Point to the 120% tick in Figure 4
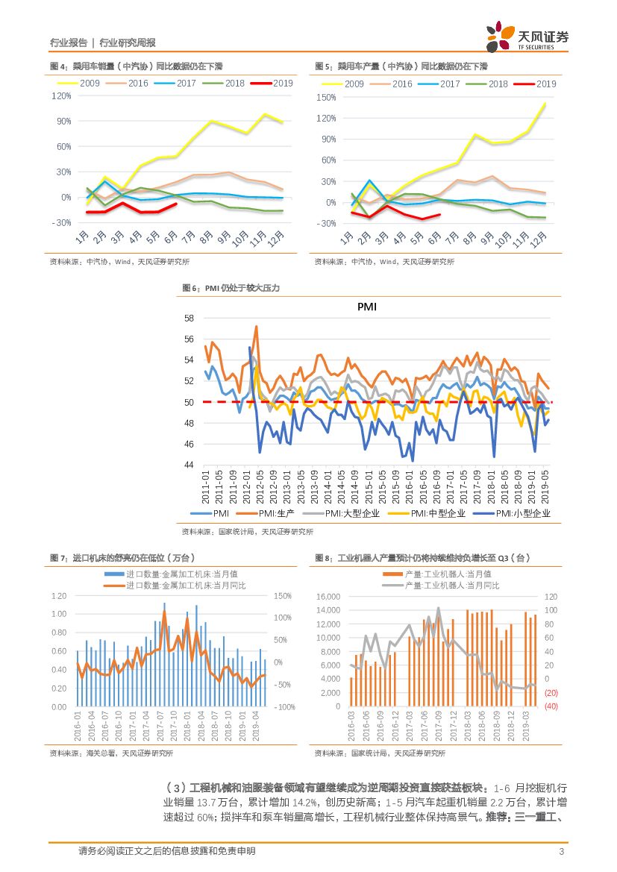pyautogui.click(x=61, y=96)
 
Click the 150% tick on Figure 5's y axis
pyautogui.click(x=327, y=97)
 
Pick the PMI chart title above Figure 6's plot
pyautogui.click(x=366, y=306)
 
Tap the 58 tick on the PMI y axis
pyautogui.click(x=188, y=319)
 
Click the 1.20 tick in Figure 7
pyautogui.click(x=59, y=596)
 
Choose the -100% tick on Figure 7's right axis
pyautogui.click(x=285, y=707)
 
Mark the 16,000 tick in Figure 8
pyautogui.click(x=329, y=597)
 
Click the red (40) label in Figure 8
pyautogui.click(x=551, y=706)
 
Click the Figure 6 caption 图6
pyautogui.click(x=191, y=288)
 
